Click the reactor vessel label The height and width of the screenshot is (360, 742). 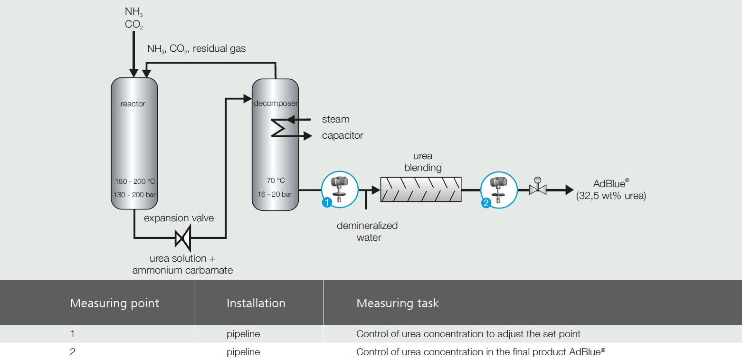(x=133, y=104)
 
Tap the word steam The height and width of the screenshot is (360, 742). (x=335, y=119)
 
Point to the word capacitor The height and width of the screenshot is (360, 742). (x=342, y=136)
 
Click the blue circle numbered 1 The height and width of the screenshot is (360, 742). (x=327, y=203)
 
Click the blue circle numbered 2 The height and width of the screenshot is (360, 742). (x=486, y=203)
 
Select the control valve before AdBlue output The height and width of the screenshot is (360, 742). (x=538, y=189)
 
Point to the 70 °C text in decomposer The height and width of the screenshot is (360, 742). (x=275, y=180)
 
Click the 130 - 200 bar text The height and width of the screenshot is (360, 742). (x=134, y=195)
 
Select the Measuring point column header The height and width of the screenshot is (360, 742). (x=114, y=303)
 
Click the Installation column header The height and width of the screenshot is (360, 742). (x=256, y=303)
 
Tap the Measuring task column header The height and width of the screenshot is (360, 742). (x=398, y=303)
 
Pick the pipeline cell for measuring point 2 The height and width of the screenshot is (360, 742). (x=243, y=352)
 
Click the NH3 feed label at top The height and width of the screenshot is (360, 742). (x=133, y=12)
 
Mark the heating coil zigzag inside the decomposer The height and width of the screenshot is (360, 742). (x=278, y=127)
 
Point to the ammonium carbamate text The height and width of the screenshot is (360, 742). (x=182, y=270)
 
